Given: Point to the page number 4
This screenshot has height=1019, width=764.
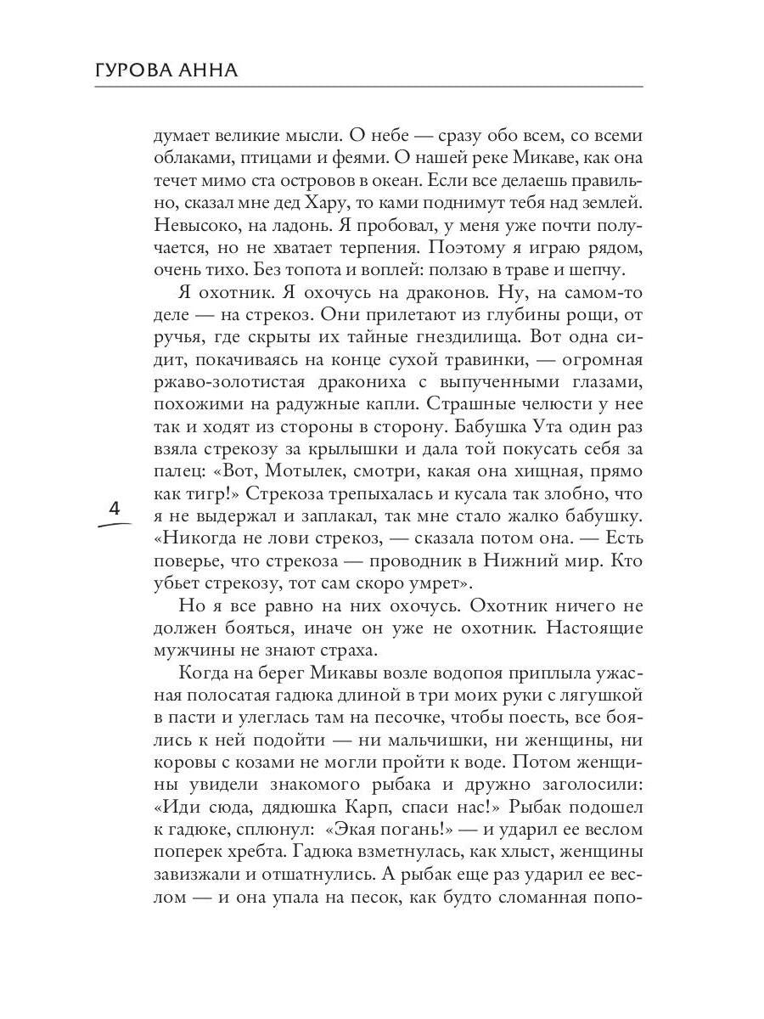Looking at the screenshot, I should click(x=115, y=509).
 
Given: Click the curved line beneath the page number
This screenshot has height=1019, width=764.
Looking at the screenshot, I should click(x=115, y=525).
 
